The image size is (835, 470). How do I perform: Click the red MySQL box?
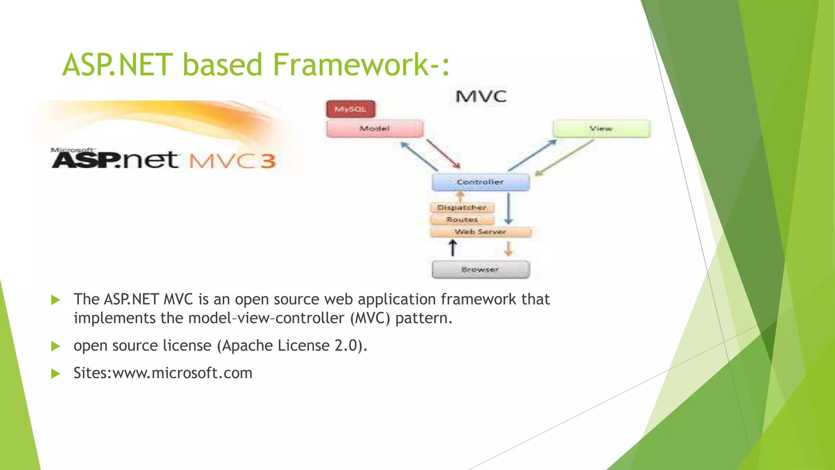[351, 109]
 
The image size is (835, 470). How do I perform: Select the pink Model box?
[375, 129]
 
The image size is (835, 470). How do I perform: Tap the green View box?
[601, 129]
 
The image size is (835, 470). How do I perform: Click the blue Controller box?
[481, 182]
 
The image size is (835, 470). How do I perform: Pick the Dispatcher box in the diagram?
[462, 208]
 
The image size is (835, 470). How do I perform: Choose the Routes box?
[462, 220]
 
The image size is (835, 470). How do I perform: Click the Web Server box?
[481, 232]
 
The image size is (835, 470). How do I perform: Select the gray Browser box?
[481, 270]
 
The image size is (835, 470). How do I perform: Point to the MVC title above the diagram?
[481, 97]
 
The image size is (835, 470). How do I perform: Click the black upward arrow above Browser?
[453, 248]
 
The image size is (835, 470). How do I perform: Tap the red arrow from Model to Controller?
[444, 154]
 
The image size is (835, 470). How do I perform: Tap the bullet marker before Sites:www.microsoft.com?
[56, 374]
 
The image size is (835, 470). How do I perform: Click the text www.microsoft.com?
[182, 373]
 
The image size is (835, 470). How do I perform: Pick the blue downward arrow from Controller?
[508, 209]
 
